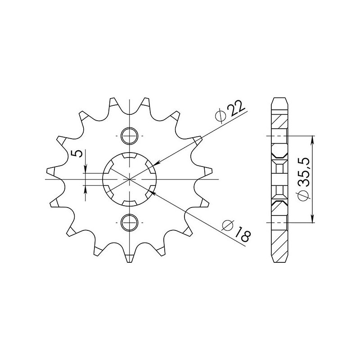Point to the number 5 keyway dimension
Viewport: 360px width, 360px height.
[78, 154]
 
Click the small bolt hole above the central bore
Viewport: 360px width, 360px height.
[129, 135]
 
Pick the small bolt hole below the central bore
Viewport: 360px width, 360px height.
[129, 221]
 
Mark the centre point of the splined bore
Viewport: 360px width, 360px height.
[129, 179]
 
